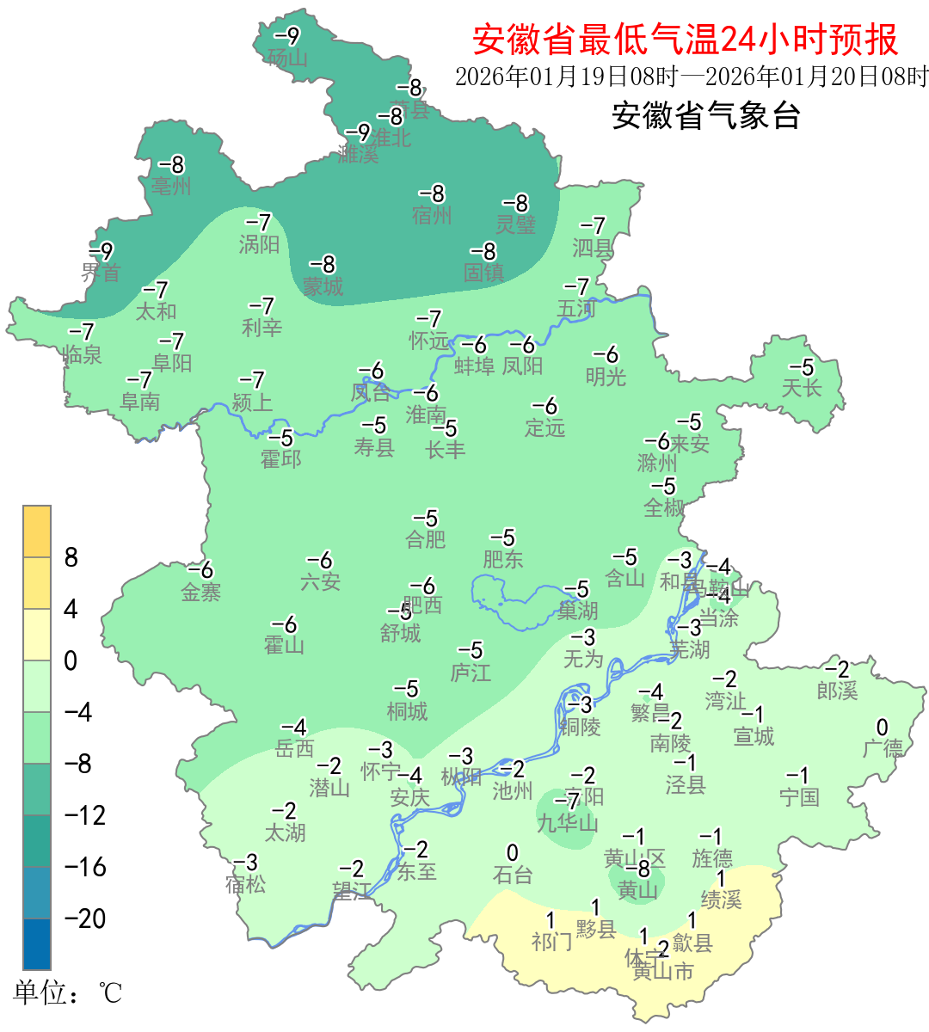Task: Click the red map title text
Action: click(x=685, y=40)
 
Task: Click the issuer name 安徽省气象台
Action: click(x=705, y=115)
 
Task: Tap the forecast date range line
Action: click(x=692, y=77)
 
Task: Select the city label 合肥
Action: click(x=426, y=539)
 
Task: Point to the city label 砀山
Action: click(x=287, y=58)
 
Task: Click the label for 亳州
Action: click(x=171, y=186)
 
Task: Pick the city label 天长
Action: click(x=802, y=388)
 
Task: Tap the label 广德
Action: click(x=883, y=748)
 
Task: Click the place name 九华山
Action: click(x=567, y=823)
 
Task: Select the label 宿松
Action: click(x=246, y=883)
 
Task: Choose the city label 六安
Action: click(x=320, y=582)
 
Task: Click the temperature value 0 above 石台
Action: click(x=513, y=853)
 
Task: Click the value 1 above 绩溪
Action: click(x=721, y=879)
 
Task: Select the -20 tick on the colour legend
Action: click(x=85, y=918)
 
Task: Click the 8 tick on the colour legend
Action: click(x=71, y=557)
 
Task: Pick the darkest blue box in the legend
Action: click(x=37, y=943)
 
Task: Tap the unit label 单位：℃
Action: click(x=68, y=992)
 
